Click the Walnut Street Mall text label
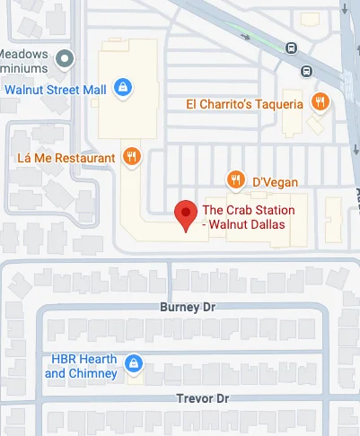(56, 89)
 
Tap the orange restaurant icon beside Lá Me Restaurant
(132, 158)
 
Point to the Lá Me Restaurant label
(66, 159)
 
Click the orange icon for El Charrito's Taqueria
(318, 101)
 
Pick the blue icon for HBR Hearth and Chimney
(133, 363)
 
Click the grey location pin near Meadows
(64, 59)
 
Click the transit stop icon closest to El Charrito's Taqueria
(306, 71)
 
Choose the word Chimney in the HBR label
(93, 373)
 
